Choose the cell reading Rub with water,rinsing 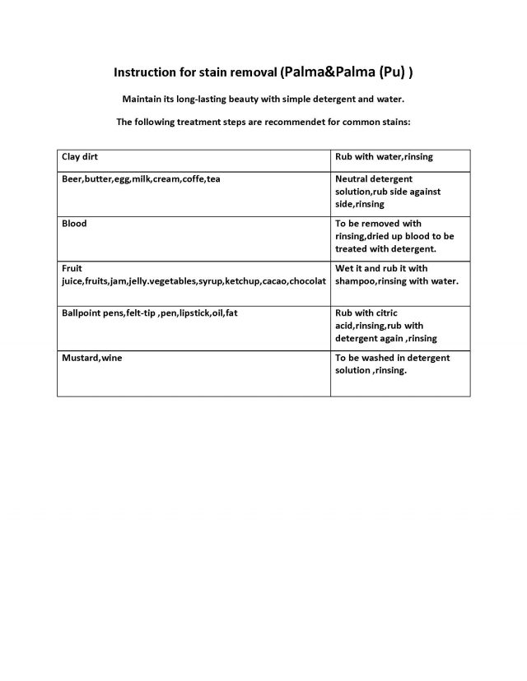coord(384,156)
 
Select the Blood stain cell coord(74,224)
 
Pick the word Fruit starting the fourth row coord(72,268)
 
